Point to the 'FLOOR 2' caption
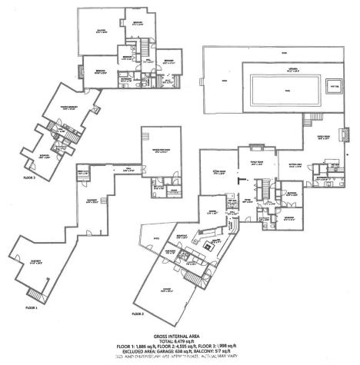pos(138,314)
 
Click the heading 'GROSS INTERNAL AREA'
pos(182,337)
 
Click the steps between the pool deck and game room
pos(313,119)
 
